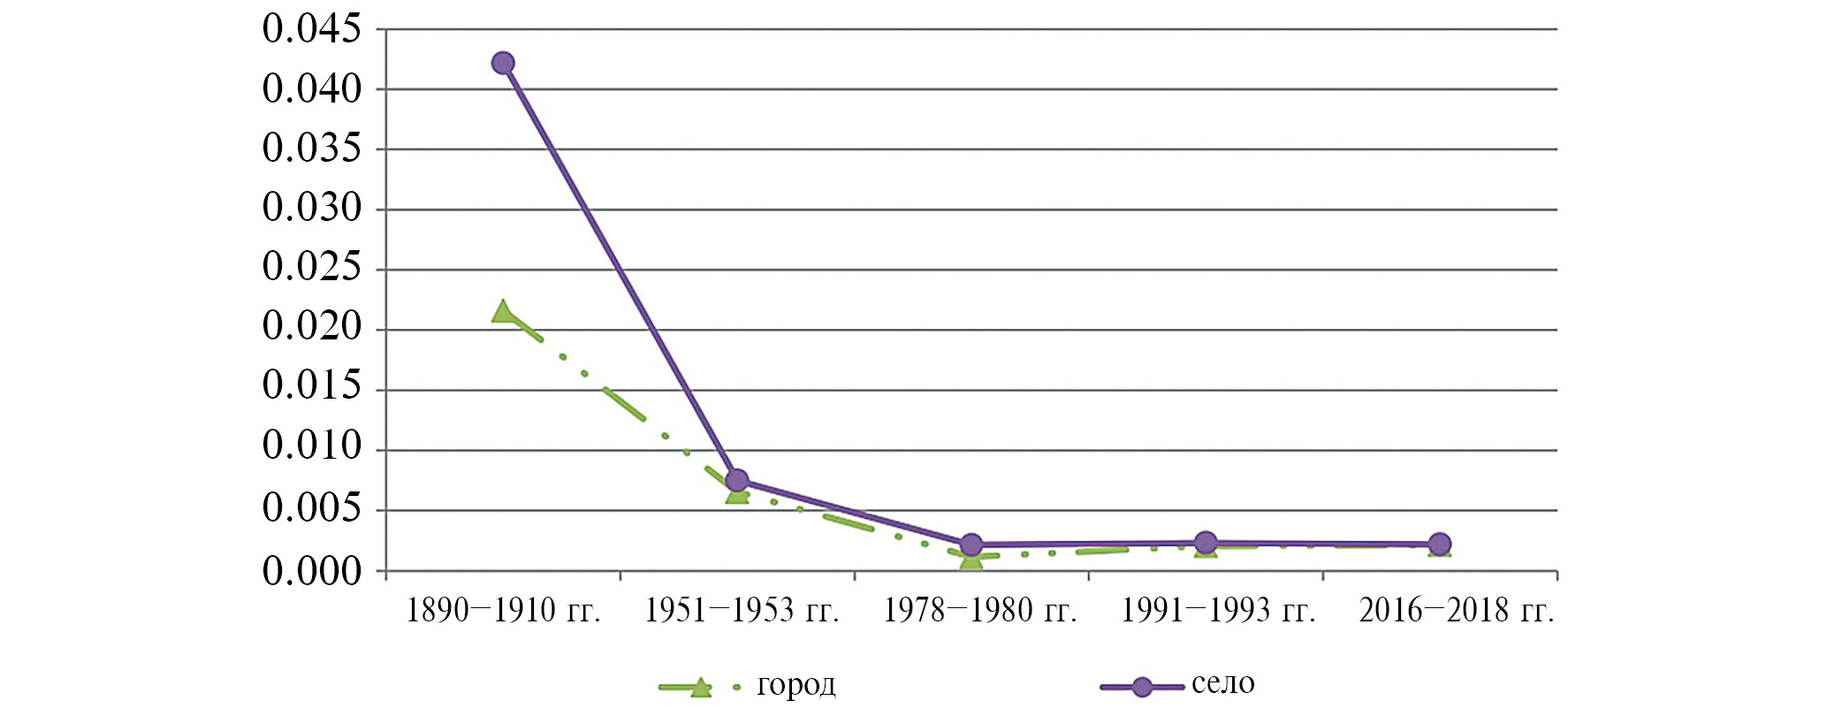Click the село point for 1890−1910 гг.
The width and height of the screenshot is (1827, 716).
[x=503, y=63]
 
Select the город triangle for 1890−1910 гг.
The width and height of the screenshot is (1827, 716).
[x=503, y=312]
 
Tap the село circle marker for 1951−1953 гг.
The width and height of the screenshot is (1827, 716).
[x=736, y=481]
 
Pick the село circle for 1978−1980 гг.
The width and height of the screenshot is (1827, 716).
[x=971, y=545]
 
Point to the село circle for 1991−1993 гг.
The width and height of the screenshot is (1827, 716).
[x=1205, y=543]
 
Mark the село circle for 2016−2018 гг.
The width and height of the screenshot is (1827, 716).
[x=1439, y=545]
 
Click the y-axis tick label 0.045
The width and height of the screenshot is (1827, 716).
[x=312, y=29]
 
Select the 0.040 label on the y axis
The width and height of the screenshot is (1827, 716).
[x=312, y=89]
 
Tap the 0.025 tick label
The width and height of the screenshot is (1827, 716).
[x=312, y=267]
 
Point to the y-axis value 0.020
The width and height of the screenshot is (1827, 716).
[x=312, y=327]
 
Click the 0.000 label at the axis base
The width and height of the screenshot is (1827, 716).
[x=312, y=572]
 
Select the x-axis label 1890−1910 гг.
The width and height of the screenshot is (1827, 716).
[x=503, y=611]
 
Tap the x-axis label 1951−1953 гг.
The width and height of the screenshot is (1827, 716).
[x=742, y=611]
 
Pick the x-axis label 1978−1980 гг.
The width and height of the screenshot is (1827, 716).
[x=980, y=611]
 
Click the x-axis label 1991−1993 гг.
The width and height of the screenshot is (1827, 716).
[x=1218, y=611]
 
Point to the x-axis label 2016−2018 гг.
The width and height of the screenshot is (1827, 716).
[x=1457, y=611]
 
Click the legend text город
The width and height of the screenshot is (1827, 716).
[x=796, y=685]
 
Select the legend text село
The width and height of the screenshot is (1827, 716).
[x=1222, y=683]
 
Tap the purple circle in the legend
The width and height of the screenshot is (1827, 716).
[x=1142, y=687]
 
